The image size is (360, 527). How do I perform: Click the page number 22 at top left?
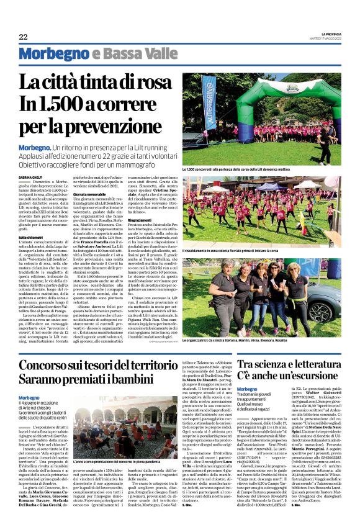[x=23, y=37]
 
